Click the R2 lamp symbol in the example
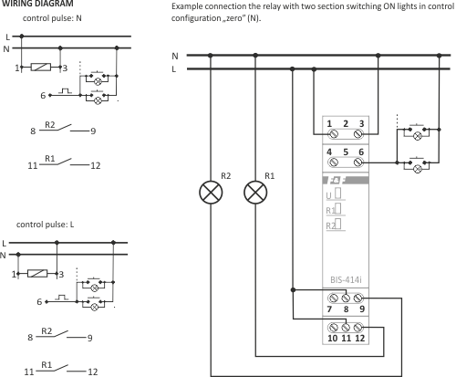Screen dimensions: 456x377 pos(211,193)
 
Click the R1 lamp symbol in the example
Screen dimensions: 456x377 pos(255,193)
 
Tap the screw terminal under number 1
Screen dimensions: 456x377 pos(334,133)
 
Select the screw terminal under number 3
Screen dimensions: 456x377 pos(358,133)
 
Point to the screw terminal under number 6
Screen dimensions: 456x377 pos(358,162)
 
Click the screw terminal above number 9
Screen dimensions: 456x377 pos(358,298)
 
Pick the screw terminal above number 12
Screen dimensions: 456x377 pos(358,328)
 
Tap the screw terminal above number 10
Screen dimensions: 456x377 pos(334,328)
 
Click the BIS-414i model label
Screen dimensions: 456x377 pos(346,279)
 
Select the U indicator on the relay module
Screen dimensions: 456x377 pos(328,195)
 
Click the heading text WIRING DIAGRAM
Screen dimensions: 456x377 pos(37,4)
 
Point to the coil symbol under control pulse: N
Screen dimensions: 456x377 pos(41,68)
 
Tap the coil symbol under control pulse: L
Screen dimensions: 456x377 pos(37,274)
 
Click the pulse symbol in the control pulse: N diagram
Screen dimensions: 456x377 pos(66,90)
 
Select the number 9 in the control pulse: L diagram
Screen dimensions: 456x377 pos(89,338)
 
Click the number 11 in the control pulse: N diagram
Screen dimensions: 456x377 pos(33,166)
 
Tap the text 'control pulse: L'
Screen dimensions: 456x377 pos(45,225)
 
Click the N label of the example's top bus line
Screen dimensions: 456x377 pos(175,56)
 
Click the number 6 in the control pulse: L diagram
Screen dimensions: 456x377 pos(39,302)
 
